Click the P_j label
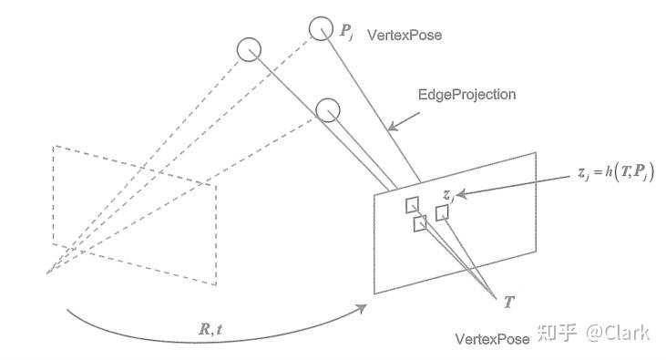346,32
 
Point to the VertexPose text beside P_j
405,35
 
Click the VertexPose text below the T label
492,339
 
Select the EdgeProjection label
466,94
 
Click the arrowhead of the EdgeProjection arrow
393,127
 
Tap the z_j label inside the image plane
448,196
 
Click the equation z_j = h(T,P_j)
616,172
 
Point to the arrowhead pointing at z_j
461,194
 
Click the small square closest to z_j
442,213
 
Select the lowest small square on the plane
420,223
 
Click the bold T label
509,303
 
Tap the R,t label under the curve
210,329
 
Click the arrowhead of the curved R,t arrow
362,308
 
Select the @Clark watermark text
618,332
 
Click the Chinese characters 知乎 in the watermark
557,333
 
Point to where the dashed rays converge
46,273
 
